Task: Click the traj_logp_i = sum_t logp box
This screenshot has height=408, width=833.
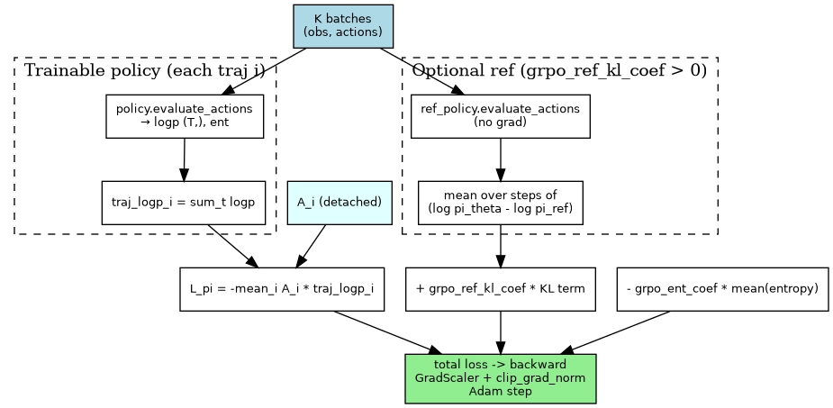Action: [184, 203]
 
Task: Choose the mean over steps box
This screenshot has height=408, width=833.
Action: [500, 203]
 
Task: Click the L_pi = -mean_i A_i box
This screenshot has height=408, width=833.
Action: [282, 289]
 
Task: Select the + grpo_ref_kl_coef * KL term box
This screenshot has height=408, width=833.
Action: [500, 289]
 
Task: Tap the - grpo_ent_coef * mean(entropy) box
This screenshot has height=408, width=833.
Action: [722, 289]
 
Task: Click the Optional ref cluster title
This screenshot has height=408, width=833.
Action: [559, 70]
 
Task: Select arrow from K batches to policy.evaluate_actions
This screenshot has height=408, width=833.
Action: [266, 71]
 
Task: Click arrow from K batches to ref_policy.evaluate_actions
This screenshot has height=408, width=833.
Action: [423, 71]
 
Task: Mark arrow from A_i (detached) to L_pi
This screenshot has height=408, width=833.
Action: [312, 246]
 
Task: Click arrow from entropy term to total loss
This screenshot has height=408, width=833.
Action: [617, 332]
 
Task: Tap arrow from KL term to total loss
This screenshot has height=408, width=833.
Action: [500, 332]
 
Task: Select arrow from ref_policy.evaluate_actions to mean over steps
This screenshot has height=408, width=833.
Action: [500, 159]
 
